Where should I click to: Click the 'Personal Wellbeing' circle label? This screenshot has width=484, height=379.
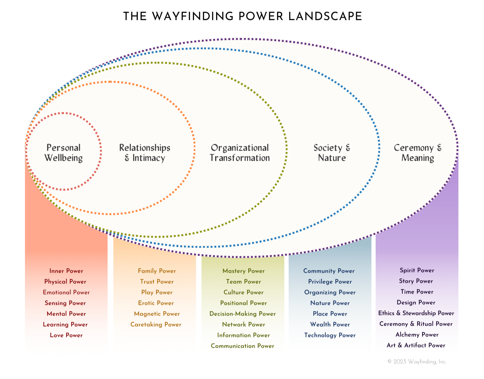pyautogui.click(x=63, y=153)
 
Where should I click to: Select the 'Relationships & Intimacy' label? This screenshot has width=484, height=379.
pyautogui.click(x=145, y=153)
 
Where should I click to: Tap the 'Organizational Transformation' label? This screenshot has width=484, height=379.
pyautogui.click(x=240, y=153)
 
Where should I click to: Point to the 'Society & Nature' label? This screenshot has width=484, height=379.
pyautogui.click(x=332, y=153)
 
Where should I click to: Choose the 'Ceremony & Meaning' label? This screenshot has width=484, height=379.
pyautogui.click(x=417, y=153)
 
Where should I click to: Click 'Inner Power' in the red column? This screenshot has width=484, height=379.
pyautogui.click(x=66, y=271)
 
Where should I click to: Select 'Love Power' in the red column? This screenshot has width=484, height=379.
pyautogui.click(x=66, y=335)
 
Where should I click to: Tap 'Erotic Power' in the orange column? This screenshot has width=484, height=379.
pyautogui.click(x=156, y=303)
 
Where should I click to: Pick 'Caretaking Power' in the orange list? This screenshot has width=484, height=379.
pyautogui.click(x=156, y=325)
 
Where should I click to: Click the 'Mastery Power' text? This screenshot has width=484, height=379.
pyautogui.click(x=243, y=271)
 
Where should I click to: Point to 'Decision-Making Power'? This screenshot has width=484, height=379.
pyautogui.click(x=243, y=314)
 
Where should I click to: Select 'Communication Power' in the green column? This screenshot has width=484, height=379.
pyautogui.click(x=243, y=346)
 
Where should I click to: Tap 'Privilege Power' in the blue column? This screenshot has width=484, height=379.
pyautogui.click(x=330, y=282)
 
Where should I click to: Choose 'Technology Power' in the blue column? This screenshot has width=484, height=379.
pyautogui.click(x=330, y=335)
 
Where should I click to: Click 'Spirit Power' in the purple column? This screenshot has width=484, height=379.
pyautogui.click(x=417, y=270)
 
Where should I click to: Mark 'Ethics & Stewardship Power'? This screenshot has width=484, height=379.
pyautogui.click(x=416, y=313)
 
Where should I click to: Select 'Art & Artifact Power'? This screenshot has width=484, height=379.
pyautogui.click(x=416, y=345)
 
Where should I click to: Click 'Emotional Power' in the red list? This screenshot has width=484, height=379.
pyautogui.click(x=66, y=292)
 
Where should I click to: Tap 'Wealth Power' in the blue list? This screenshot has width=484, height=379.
pyautogui.click(x=330, y=325)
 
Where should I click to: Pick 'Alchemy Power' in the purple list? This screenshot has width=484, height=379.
pyautogui.click(x=417, y=335)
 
